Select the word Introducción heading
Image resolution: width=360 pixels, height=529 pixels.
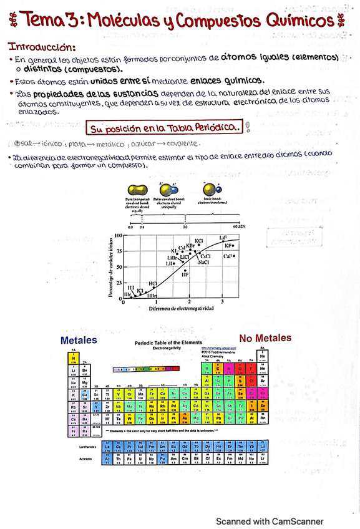tap(42, 47)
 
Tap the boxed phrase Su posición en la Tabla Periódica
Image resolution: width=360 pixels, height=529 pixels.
tap(165, 129)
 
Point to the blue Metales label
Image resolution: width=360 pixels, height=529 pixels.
tap(79, 340)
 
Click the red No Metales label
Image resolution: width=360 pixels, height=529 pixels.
tap(265, 338)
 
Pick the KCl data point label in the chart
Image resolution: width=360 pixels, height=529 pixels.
tap(199, 240)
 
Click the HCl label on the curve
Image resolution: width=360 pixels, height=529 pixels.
tap(152, 283)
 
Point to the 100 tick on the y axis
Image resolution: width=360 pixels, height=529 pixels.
tap(117, 236)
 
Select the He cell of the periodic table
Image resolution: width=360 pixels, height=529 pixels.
tap(262, 356)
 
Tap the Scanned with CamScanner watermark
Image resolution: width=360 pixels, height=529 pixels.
tap(270, 504)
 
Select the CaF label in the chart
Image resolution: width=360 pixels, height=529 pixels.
tap(228, 256)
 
